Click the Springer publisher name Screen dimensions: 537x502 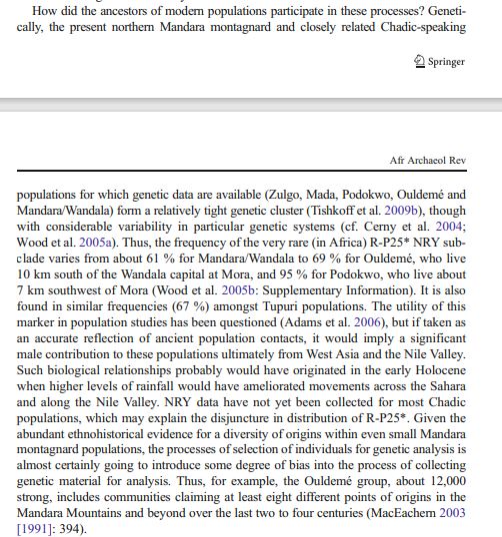click(446, 62)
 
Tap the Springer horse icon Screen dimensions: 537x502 click(419, 62)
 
